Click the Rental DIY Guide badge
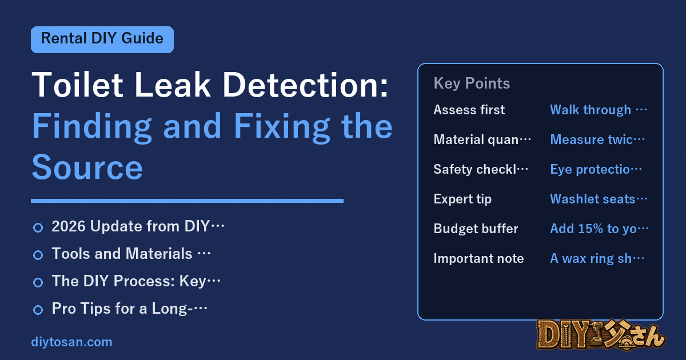pos(102,39)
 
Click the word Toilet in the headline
pos(78,85)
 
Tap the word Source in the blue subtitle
pos(87,167)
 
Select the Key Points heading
pos(472,83)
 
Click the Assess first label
pos(469,110)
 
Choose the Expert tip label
pos(462,199)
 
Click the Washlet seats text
pos(599,199)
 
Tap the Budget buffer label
pos(476,229)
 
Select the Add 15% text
pos(599,229)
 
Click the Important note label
pos(478,258)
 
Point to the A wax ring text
pos(597,258)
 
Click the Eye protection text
pos(596,169)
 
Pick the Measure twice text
pos(597,139)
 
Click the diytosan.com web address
pos(71,342)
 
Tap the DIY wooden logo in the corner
pos(601,335)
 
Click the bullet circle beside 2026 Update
pos(38,228)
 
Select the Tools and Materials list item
pos(131,254)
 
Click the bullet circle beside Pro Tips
pos(38,310)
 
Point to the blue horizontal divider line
pos(187,201)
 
